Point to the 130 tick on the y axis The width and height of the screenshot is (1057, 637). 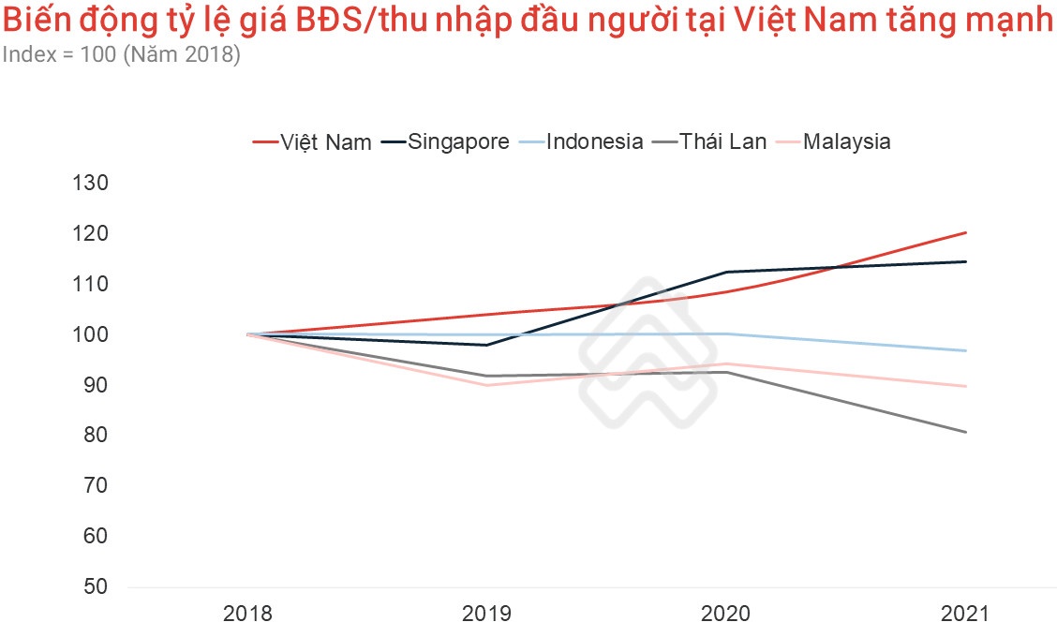tap(92, 183)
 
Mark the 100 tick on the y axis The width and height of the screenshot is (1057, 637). tap(92, 334)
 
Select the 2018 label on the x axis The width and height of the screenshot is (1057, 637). tap(246, 615)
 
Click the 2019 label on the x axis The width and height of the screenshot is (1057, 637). tap(486, 615)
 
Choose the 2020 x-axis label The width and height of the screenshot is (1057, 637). tap(726, 615)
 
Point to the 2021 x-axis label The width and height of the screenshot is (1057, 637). tap(965, 615)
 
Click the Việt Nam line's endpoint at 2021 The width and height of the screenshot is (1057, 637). tap(966, 232)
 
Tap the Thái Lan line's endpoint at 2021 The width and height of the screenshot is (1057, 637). tap(966, 432)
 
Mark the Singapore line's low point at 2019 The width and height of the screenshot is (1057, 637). tap(486, 345)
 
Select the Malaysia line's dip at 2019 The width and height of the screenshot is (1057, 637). tap(486, 385)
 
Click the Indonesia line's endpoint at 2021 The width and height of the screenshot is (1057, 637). tap(966, 350)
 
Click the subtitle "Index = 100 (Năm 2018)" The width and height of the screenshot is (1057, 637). tap(121, 55)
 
